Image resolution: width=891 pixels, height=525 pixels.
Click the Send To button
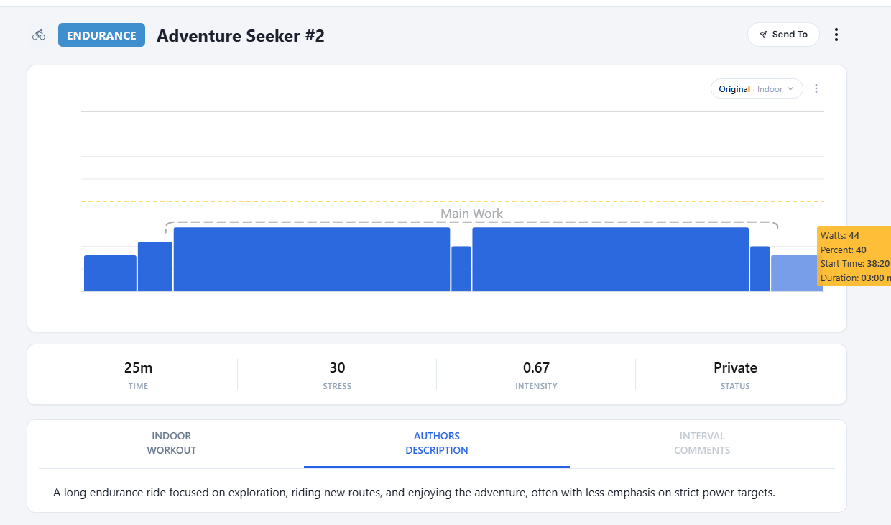(783, 35)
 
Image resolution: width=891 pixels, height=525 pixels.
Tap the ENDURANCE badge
(101, 35)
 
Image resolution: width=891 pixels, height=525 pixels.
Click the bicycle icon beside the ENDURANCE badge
(39, 35)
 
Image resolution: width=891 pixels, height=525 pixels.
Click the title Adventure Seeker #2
(240, 36)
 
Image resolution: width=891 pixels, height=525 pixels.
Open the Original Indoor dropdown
(756, 89)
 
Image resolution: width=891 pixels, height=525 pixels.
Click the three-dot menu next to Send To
(836, 35)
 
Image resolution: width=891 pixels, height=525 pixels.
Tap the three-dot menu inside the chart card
(816, 89)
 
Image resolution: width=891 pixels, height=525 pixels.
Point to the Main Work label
(471, 214)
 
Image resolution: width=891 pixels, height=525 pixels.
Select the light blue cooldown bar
(796, 273)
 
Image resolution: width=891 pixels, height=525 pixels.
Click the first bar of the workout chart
(110, 273)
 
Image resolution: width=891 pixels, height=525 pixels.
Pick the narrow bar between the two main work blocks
(461, 269)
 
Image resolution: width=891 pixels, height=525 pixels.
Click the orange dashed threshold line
(287, 201)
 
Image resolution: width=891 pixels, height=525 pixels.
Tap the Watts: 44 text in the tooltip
(840, 236)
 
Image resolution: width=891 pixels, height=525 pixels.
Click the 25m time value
(138, 368)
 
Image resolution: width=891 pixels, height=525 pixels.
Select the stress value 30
(337, 368)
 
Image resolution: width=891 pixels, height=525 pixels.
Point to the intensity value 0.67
(536, 368)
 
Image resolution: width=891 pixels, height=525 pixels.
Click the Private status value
(735, 368)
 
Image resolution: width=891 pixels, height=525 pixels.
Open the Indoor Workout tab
(171, 443)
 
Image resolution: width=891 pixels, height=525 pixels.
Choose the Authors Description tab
(436, 443)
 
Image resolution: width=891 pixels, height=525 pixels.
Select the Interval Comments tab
(701, 443)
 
